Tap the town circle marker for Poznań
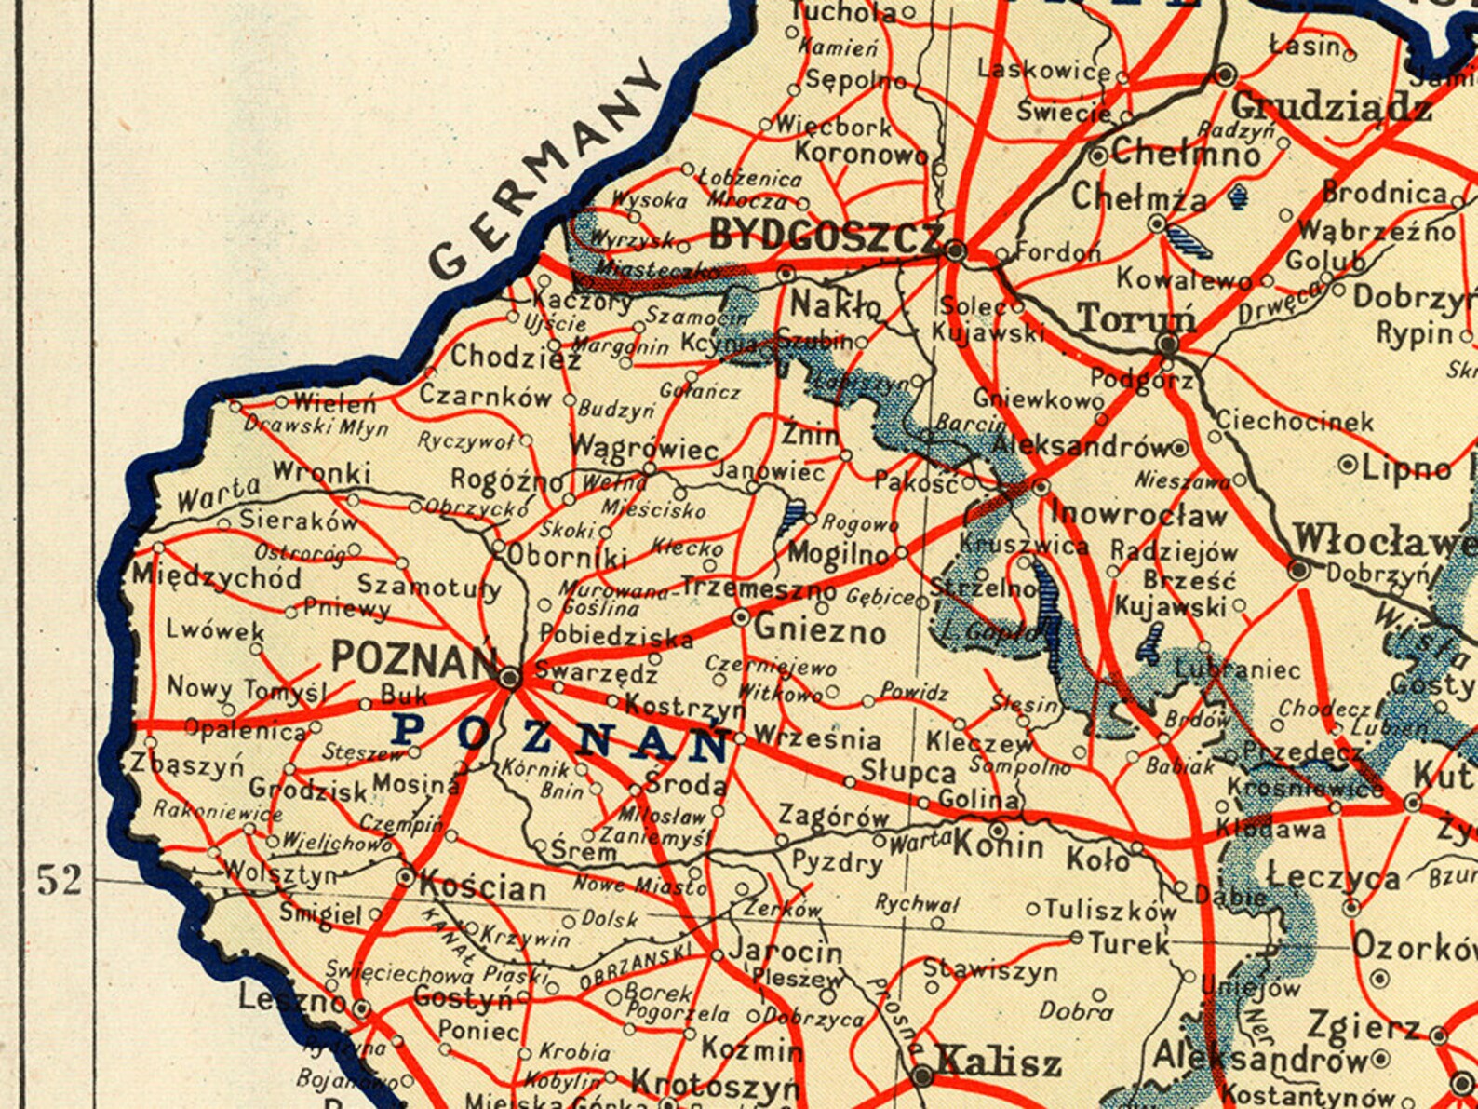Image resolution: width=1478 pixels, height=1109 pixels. click(x=509, y=678)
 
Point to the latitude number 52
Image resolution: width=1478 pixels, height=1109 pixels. click(x=60, y=880)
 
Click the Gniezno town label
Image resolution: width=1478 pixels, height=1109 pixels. click(x=819, y=631)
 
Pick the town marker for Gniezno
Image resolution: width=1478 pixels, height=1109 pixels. click(x=741, y=617)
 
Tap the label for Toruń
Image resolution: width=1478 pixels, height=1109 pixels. click(x=1136, y=319)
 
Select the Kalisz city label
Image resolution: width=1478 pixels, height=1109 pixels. click(x=999, y=1062)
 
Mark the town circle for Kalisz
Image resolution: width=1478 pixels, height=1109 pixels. click(x=922, y=1076)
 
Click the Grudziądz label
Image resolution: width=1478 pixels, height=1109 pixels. click(x=1331, y=107)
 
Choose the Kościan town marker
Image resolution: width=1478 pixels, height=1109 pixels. click(x=406, y=877)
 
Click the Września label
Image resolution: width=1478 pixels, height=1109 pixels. click(x=816, y=739)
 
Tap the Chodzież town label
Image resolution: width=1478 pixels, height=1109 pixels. click(x=508, y=357)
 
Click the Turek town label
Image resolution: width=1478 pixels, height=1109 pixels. click(x=1129, y=944)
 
